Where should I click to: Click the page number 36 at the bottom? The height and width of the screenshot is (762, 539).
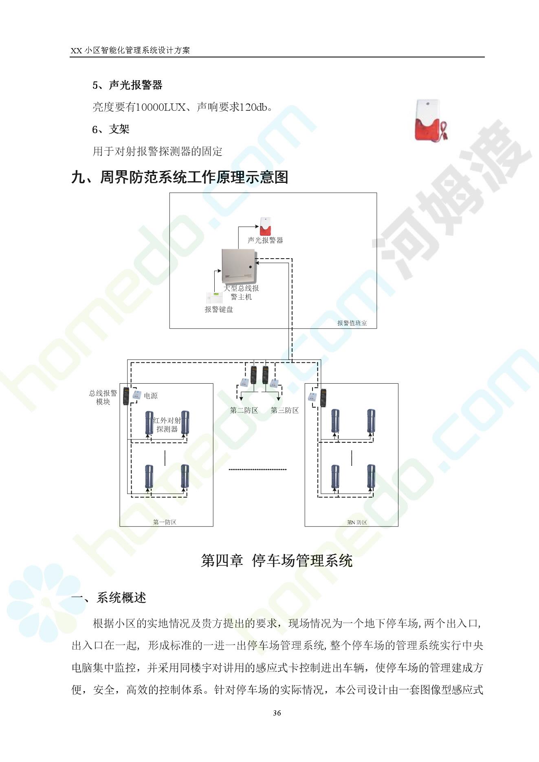277,713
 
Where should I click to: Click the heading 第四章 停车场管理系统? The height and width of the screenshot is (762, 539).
277,561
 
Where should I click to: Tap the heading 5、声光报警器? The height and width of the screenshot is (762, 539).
127,85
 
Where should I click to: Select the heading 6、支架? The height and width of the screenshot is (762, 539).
110,130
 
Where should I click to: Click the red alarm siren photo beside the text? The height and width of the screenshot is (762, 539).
431,121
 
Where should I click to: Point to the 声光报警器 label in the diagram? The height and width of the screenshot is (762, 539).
265,240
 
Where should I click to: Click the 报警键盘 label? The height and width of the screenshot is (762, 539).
219,310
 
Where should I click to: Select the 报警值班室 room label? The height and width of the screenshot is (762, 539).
352,323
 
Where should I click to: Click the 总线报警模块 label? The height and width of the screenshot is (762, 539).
103,397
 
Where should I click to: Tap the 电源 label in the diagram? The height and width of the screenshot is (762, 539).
151,395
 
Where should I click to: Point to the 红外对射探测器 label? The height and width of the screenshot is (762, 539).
167,425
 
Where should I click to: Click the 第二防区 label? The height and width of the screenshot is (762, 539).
244,410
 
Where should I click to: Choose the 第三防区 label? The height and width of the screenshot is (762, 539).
285,410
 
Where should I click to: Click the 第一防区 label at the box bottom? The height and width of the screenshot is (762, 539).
165,522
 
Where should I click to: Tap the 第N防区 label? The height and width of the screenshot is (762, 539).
357,522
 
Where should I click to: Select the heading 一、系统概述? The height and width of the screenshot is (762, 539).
109,597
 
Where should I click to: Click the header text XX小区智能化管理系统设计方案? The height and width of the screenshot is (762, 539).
130,50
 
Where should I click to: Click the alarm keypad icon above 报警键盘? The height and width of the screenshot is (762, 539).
213,297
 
